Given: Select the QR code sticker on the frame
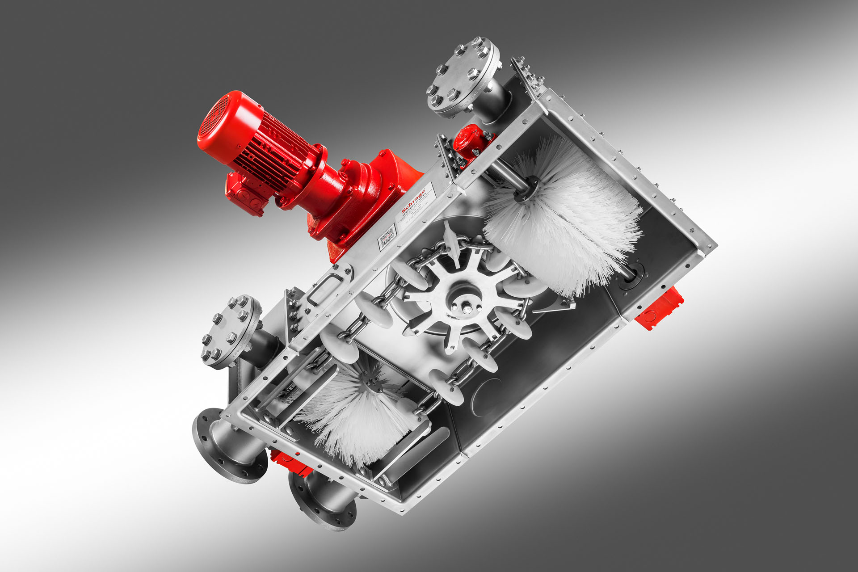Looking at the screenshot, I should click(x=387, y=237).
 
